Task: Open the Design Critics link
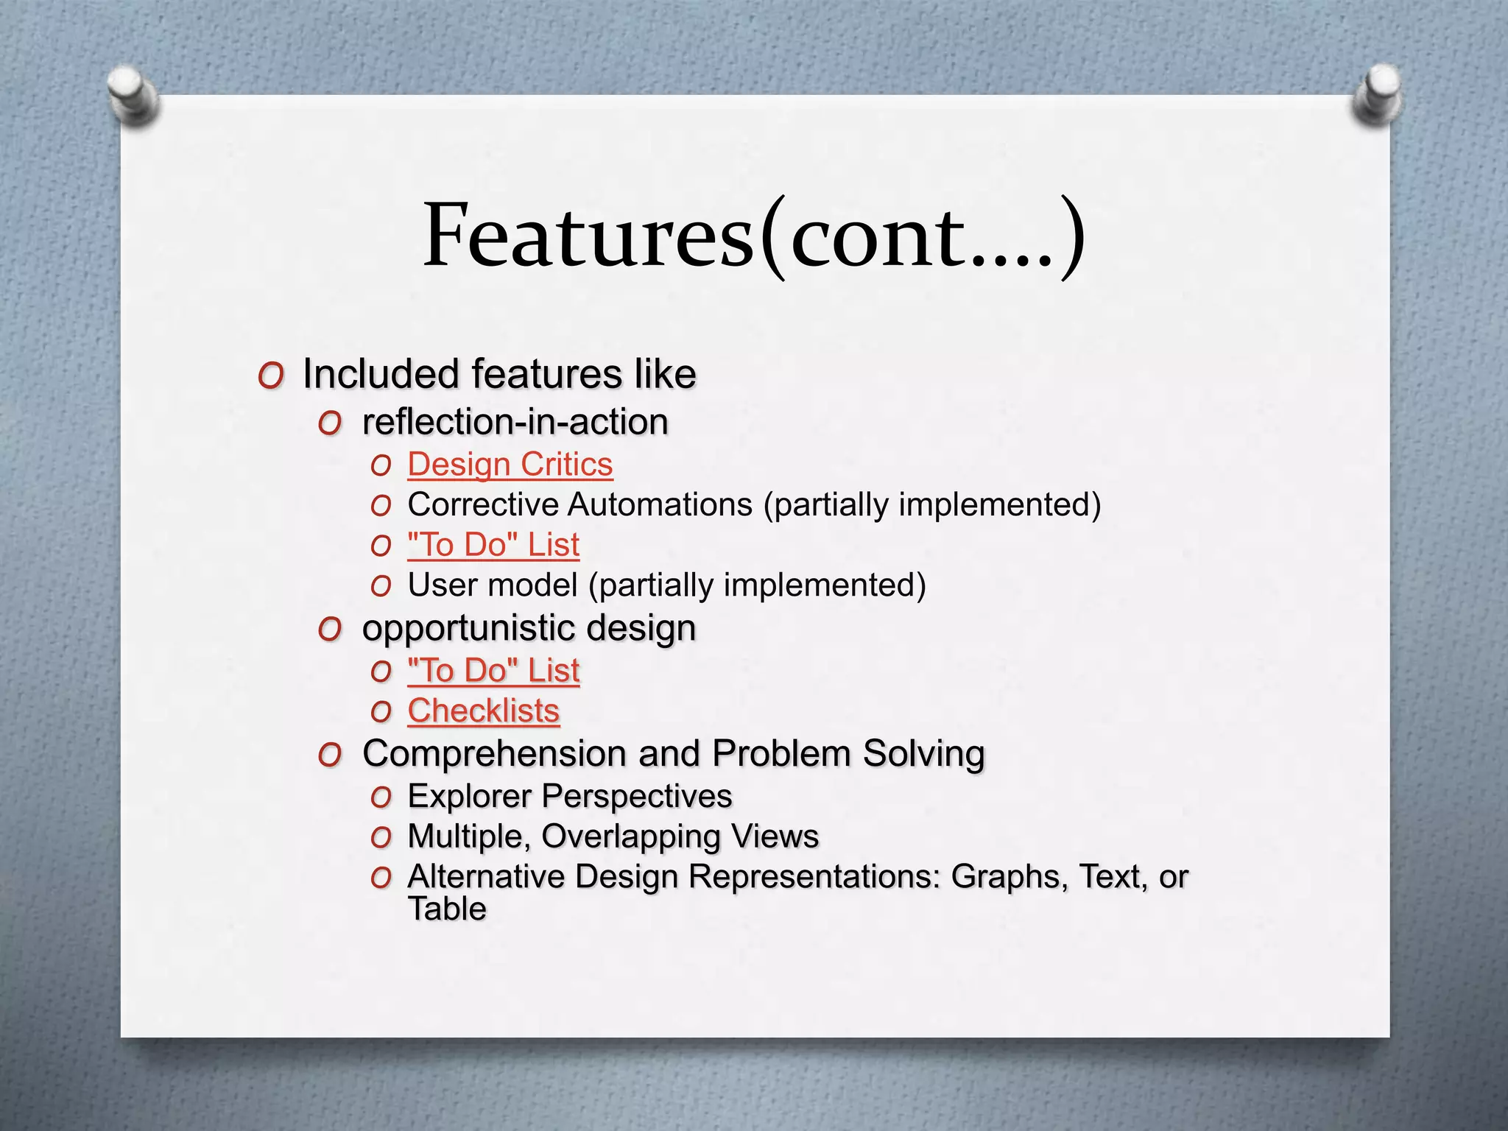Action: pyautogui.click(x=510, y=465)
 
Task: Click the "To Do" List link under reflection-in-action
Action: pyautogui.click(x=493, y=545)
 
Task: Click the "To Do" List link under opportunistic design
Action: pyautogui.click(x=493, y=671)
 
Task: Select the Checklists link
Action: pyautogui.click(x=484, y=711)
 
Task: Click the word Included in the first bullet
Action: pyautogui.click(x=381, y=373)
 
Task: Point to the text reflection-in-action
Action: pyautogui.click(x=515, y=422)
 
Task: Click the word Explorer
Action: pyautogui.click(x=469, y=797)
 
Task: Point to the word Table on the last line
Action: pyautogui.click(x=447, y=909)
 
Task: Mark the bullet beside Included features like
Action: pyautogui.click(x=271, y=376)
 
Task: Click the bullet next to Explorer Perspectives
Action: pyautogui.click(x=381, y=798)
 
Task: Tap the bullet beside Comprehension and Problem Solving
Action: pyautogui.click(x=330, y=755)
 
